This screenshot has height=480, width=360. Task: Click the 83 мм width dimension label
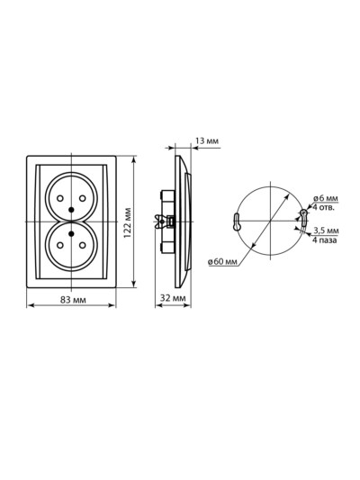click(x=73, y=300)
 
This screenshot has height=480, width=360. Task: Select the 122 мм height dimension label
click(x=127, y=222)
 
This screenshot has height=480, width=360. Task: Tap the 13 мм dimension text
click(x=207, y=140)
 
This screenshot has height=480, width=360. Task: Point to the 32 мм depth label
click(x=173, y=298)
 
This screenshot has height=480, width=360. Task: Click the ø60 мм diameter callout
click(x=222, y=261)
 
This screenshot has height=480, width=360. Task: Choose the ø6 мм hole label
click(x=326, y=198)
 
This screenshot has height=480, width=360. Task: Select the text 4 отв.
click(x=323, y=207)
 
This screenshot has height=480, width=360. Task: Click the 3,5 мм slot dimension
click(x=326, y=231)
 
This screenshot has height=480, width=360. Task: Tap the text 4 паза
click(x=325, y=240)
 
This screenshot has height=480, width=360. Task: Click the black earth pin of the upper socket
click(x=72, y=210)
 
